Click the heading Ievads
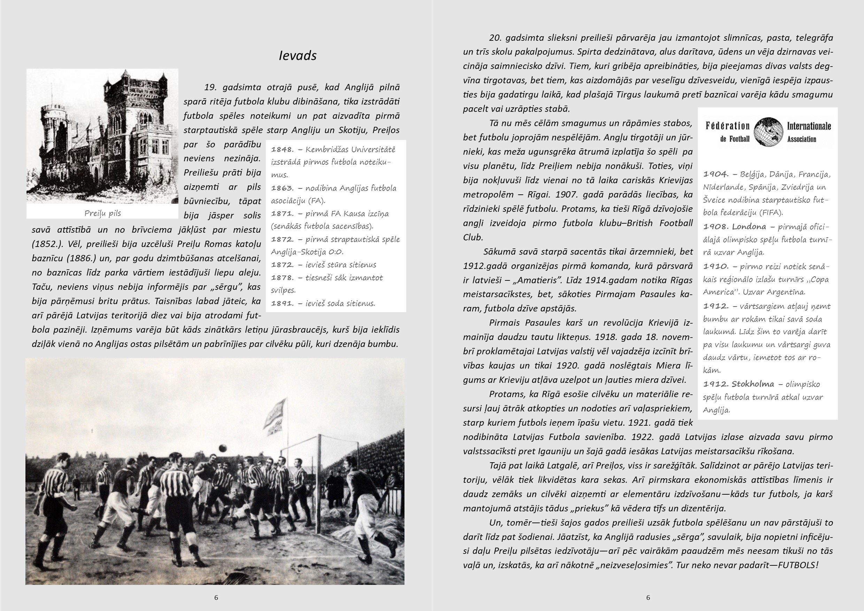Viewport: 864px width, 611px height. [x=297, y=56]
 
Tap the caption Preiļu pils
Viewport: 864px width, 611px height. [x=102, y=213]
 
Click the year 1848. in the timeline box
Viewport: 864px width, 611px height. [x=282, y=150]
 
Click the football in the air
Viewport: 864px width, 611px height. [x=223, y=448]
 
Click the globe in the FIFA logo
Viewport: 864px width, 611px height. [x=768, y=132]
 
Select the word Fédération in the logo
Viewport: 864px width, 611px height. [x=727, y=126]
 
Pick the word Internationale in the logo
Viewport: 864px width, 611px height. [x=809, y=126]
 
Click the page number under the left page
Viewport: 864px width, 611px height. [x=216, y=597]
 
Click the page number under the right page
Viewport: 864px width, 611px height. [x=648, y=597]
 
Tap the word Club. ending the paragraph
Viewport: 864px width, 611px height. [x=473, y=238]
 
